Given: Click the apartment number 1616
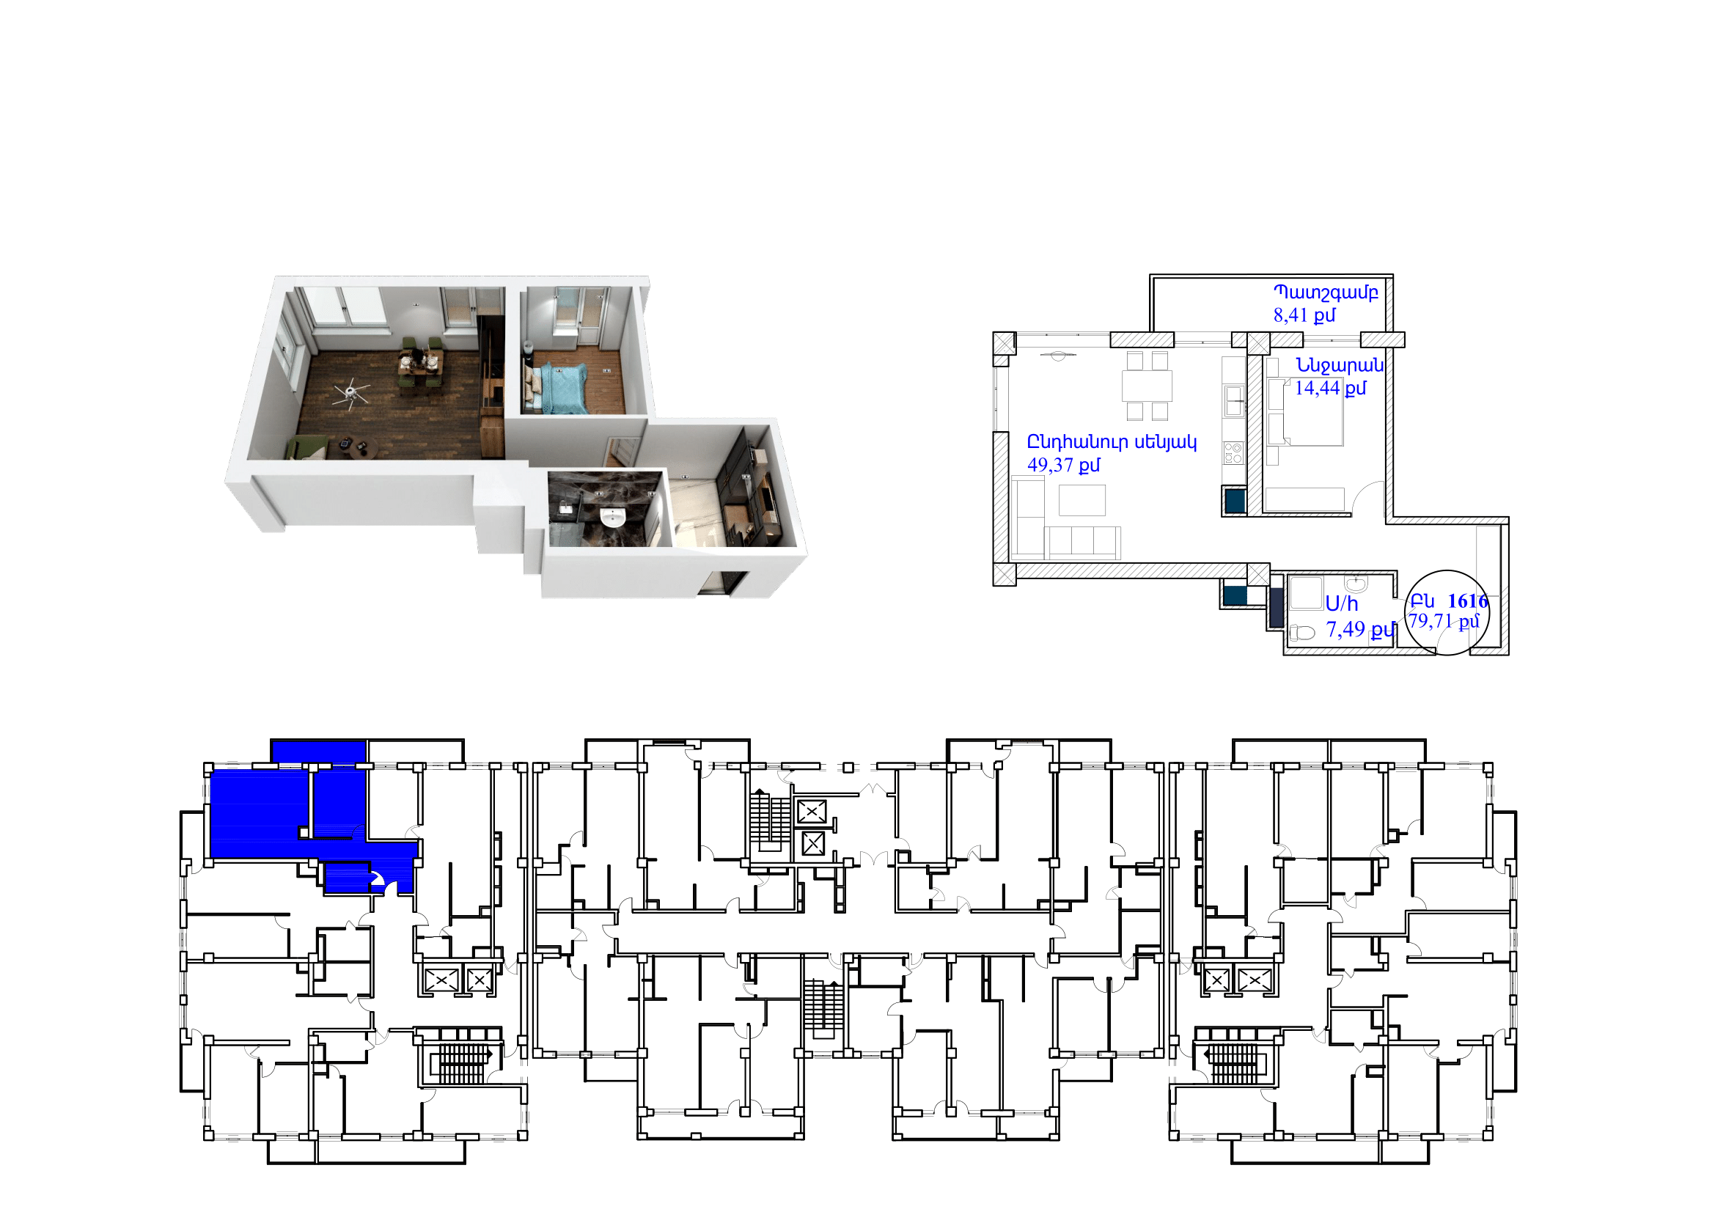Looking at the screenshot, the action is coord(1467,601).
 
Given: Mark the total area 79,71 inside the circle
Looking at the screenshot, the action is coord(1430,620).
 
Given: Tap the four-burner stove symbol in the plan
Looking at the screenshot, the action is coord(1233,453).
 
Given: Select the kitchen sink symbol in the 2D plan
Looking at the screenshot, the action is coord(1233,400).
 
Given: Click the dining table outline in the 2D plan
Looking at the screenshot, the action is coord(1147,386).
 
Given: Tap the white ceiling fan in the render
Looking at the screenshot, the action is coord(351,393).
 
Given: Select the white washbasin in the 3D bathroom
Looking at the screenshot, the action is coord(613,518).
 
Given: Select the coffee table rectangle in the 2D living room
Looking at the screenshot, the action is coord(1081,499).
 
